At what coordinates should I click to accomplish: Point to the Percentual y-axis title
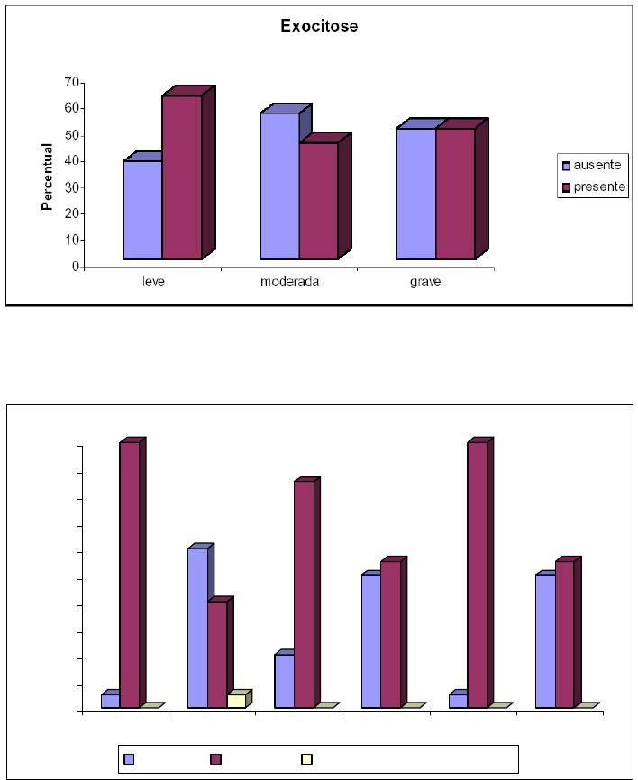click(48, 177)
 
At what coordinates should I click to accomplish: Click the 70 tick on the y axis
click(69, 83)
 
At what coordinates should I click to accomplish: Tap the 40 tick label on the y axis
click(69, 161)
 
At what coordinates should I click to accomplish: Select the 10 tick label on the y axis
click(69, 240)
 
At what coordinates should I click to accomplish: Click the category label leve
click(153, 280)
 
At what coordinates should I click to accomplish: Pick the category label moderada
click(290, 280)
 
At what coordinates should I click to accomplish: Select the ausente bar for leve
click(142, 210)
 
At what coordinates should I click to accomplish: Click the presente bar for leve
click(182, 177)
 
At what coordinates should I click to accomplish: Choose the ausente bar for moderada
click(279, 186)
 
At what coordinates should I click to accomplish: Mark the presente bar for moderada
click(319, 201)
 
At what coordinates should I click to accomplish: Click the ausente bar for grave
click(416, 194)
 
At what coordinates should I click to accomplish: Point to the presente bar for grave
click(455, 194)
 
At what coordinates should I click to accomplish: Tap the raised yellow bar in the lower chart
click(236, 700)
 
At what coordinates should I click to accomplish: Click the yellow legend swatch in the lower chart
click(306, 759)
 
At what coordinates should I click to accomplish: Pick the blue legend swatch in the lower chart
click(129, 759)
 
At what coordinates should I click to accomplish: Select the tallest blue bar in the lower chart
click(197, 628)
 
